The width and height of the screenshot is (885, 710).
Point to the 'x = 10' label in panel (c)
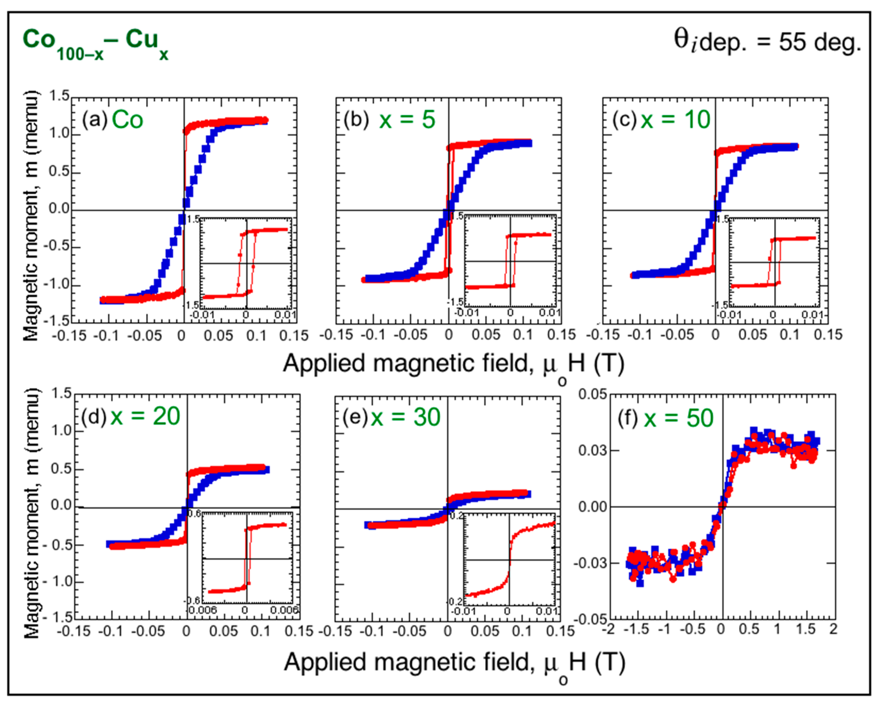675,120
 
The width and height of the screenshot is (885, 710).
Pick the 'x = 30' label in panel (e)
406,417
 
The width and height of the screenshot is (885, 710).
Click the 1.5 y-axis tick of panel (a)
59,97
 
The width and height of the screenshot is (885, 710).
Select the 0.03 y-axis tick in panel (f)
592,451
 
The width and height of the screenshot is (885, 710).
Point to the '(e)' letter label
355,417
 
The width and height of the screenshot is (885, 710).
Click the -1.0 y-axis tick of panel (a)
59,285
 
